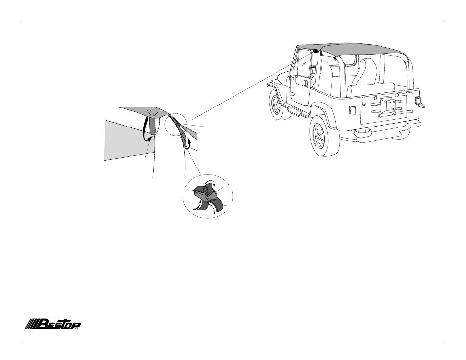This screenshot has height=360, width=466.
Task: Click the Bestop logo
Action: pyautogui.click(x=52, y=324)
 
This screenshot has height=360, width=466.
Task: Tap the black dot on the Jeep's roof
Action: pyautogui.click(x=316, y=51)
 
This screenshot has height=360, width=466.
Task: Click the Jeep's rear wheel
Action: pyautogui.click(x=324, y=136)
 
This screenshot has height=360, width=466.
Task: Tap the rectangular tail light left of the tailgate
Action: pyautogui.click(x=352, y=110)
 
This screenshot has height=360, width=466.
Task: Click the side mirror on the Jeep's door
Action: pyautogui.click(x=293, y=73)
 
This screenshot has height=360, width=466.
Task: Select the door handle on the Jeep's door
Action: pyautogui.click(x=306, y=83)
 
